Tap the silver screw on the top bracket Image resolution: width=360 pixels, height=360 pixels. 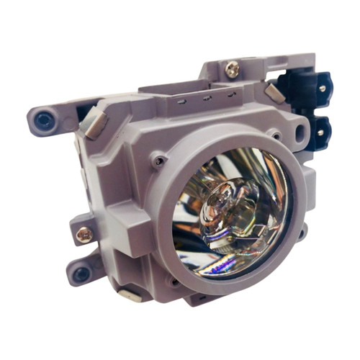tap(231, 70)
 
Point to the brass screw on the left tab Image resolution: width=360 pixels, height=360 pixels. tap(86, 235)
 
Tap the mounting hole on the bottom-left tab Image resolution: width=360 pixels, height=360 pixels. tap(81, 274)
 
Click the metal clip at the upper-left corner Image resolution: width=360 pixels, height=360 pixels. tap(94, 123)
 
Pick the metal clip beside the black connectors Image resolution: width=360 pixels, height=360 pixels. tap(274, 92)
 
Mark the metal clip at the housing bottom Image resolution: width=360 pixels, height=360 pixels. tap(131, 294)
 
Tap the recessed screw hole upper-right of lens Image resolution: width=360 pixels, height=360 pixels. tap(275, 135)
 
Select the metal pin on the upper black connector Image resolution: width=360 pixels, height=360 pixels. tap(321, 88)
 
